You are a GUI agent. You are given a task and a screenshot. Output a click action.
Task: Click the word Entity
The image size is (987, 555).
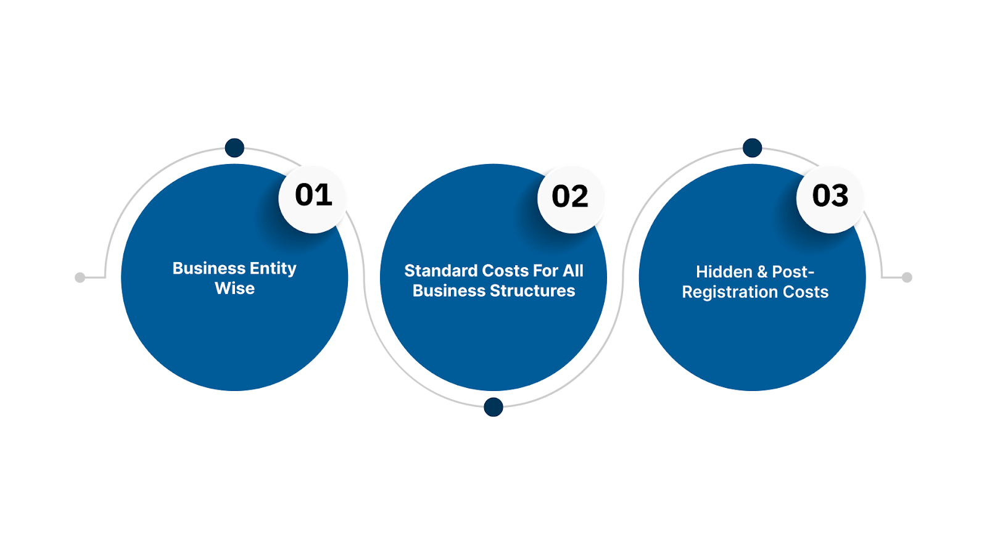[273, 268]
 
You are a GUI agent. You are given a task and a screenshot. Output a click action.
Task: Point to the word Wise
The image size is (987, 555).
[234, 289]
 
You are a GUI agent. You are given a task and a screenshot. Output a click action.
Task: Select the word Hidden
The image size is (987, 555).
[724, 272]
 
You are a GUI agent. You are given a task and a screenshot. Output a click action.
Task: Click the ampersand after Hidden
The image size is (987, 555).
[762, 272]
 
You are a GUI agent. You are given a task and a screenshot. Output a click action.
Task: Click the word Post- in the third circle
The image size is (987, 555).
[793, 272]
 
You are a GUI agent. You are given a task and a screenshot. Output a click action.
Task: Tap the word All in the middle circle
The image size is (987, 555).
[573, 271]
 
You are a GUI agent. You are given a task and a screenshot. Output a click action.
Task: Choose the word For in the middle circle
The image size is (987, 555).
[545, 271]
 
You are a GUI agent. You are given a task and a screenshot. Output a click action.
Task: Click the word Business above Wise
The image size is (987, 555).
[209, 268]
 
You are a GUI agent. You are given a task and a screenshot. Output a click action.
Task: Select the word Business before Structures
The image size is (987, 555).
[449, 291]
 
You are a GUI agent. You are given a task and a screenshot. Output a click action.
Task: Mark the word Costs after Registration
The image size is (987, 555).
[805, 292]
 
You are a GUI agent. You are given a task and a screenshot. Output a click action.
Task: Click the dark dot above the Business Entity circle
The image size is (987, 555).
[234, 148]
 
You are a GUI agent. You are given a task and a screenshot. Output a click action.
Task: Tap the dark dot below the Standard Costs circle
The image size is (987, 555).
[493, 407]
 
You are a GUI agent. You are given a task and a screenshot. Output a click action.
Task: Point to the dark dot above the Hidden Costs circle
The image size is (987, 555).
[753, 148]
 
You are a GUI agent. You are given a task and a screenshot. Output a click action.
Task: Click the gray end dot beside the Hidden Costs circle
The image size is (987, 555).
[907, 277]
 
